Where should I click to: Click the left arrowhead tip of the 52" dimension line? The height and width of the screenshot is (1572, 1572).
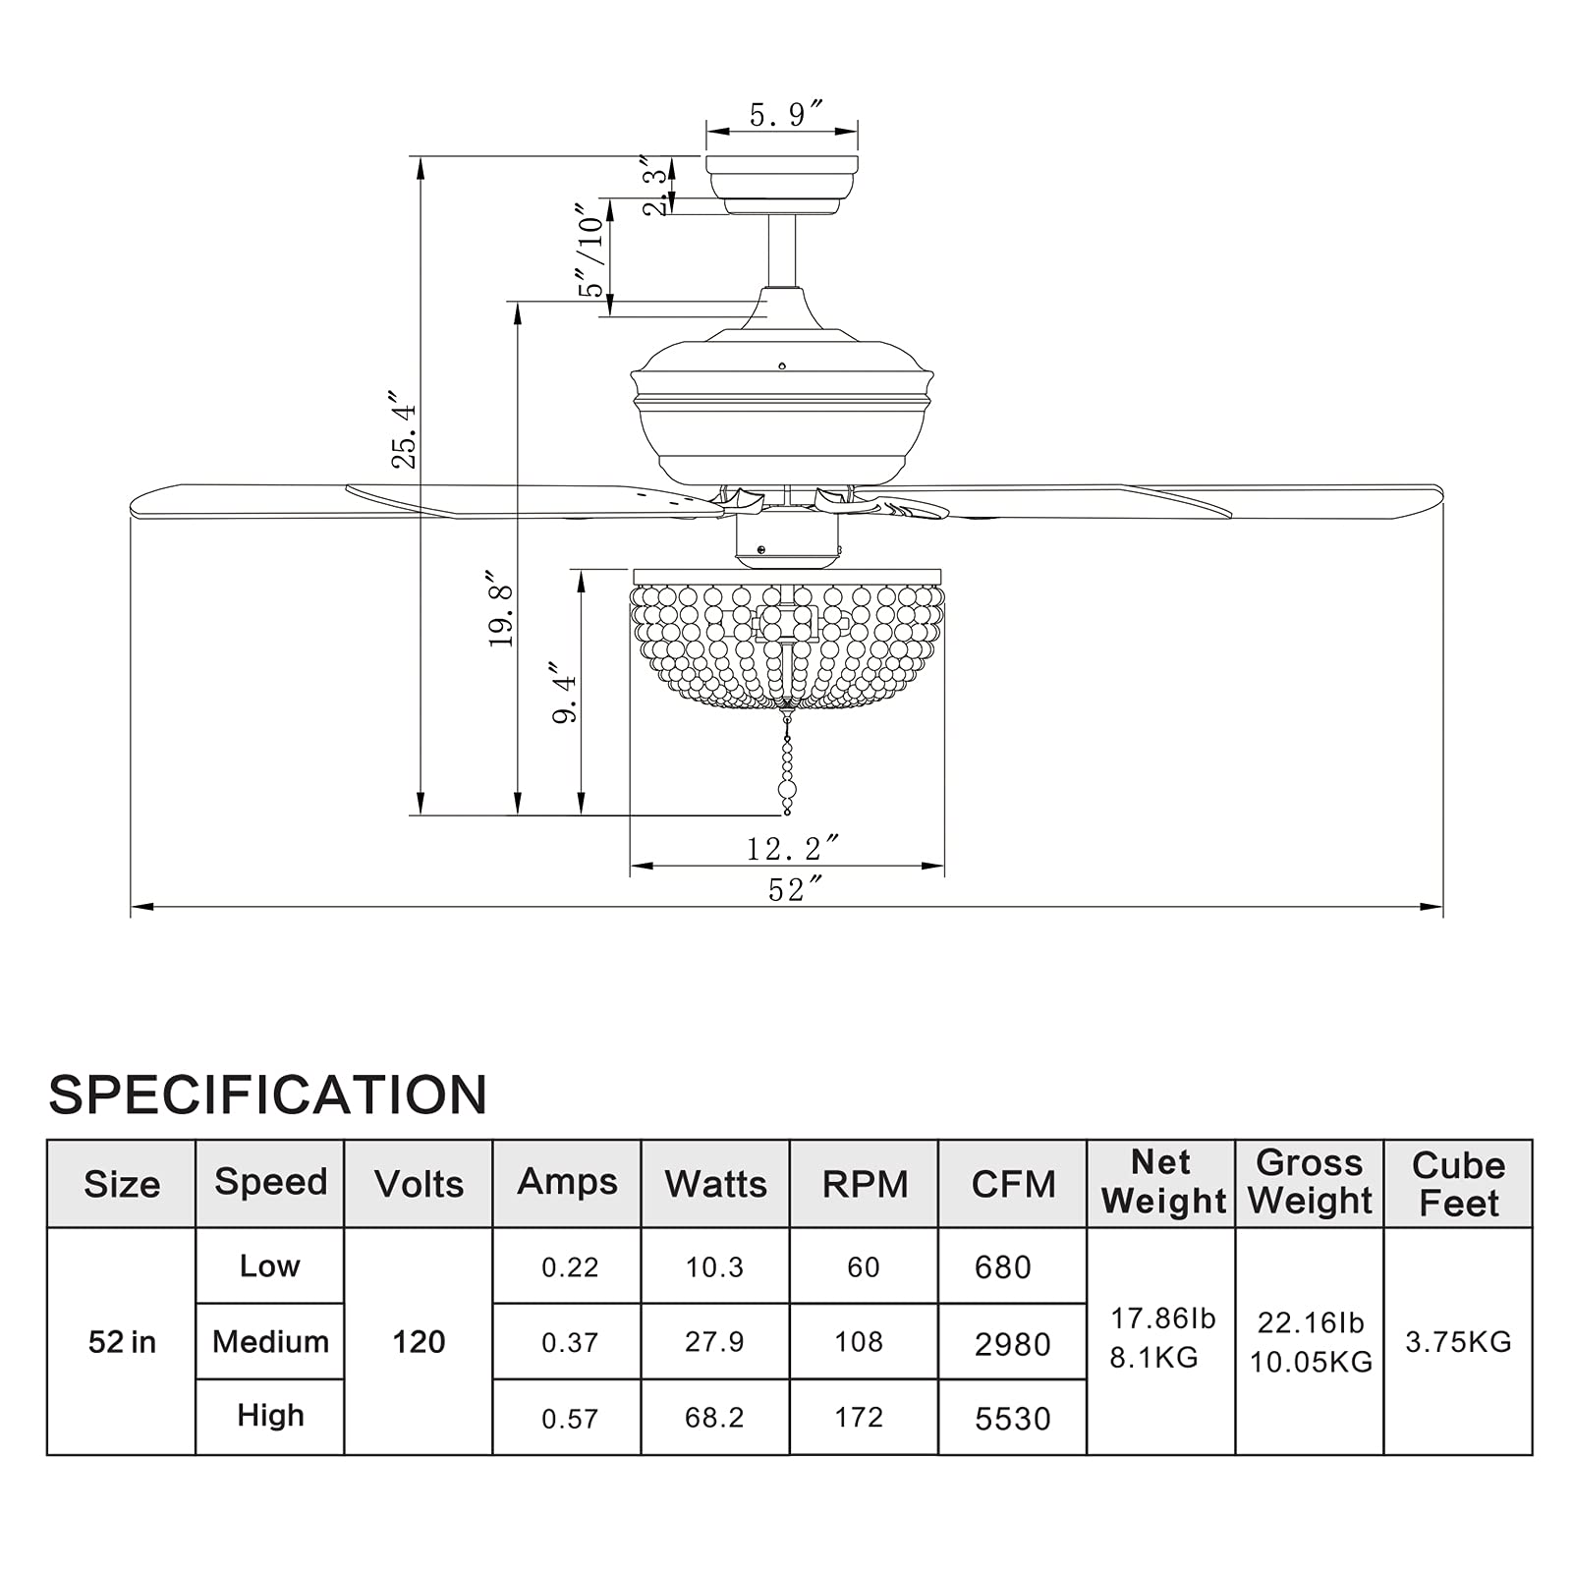[132, 907]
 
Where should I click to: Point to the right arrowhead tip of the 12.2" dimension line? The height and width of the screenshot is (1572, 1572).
[944, 866]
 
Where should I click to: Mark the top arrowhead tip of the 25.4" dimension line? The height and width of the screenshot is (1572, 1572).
[421, 157]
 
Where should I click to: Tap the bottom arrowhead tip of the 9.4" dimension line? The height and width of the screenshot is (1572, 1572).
[582, 814]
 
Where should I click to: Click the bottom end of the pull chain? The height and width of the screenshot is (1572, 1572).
[787, 813]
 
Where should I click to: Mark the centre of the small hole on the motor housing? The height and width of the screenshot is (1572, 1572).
[782, 366]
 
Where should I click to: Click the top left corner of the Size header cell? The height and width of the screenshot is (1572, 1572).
[47, 1140]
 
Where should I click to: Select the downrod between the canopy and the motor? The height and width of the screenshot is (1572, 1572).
[782, 251]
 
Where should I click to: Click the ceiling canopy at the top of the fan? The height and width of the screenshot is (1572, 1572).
[782, 185]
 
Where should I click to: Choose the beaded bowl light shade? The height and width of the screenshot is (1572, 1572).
[787, 639]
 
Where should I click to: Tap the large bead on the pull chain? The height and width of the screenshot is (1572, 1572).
[787, 789]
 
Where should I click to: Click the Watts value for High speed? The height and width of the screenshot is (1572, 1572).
[714, 1418]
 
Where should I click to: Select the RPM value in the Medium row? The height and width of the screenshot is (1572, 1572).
[859, 1342]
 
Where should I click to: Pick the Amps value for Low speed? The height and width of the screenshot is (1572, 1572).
[570, 1267]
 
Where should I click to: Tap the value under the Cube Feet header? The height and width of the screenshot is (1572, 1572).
[1458, 1342]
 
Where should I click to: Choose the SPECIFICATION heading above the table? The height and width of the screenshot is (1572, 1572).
[268, 1095]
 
